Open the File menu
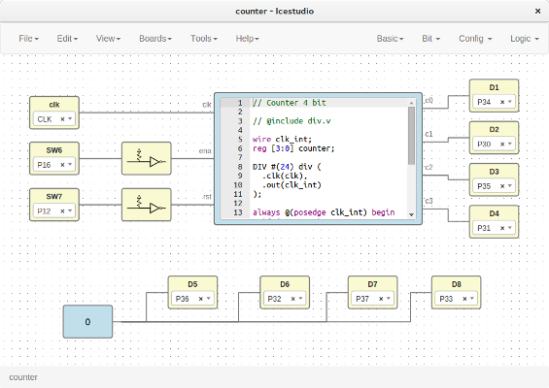29,39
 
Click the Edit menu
67,39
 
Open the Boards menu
155,39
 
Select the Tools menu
203,39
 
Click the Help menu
248,39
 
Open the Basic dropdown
392,39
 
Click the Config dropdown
475,39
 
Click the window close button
535,10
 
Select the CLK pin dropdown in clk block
53,119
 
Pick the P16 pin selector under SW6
53,166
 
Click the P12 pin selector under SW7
53,210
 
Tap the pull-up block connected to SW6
146,158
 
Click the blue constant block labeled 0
87,321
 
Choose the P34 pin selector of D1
494,102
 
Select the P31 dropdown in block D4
494,228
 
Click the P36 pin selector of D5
192,299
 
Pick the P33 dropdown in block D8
456,299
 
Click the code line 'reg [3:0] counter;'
292,147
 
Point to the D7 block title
373,284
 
